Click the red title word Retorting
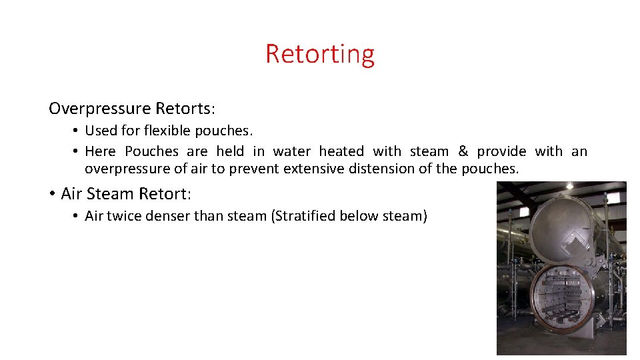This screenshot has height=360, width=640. [320, 53]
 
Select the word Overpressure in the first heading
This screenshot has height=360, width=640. [100, 108]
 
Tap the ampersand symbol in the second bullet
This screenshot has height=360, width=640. [463, 151]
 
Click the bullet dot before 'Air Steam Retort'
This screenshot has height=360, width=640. [51, 194]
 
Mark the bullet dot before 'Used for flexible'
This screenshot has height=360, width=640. [77, 131]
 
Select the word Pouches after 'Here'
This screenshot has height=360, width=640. [152, 151]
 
